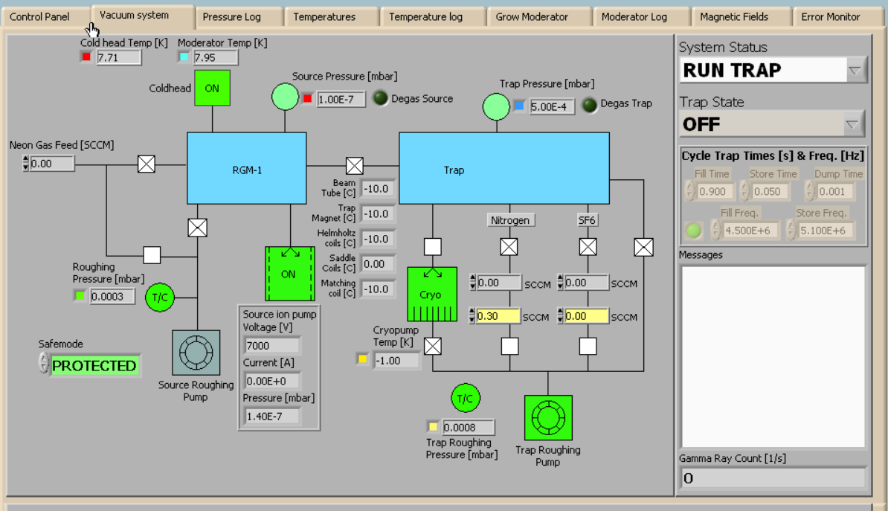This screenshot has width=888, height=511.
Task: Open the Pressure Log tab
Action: coord(232,16)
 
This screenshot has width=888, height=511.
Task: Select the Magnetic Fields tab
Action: coord(733,16)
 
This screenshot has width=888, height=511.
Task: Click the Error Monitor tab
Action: coord(830,16)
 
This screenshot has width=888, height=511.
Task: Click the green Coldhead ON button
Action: coord(212,89)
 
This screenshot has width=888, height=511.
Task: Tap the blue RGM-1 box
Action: coord(246,169)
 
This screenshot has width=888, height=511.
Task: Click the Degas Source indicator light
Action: coord(380,98)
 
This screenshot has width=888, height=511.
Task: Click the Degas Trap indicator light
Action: coord(590,105)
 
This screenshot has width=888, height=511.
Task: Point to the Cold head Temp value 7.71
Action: coord(118,57)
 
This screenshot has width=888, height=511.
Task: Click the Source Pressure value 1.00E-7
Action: coord(341,99)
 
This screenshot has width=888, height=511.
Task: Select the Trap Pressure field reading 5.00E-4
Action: coord(553,106)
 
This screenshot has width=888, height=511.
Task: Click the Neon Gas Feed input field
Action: coord(52,163)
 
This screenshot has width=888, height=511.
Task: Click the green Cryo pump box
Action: coord(431,294)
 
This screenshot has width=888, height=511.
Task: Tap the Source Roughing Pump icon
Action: coord(196,352)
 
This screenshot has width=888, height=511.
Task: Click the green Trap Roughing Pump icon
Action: coord(548,417)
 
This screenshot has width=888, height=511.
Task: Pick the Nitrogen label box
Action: coord(509,220)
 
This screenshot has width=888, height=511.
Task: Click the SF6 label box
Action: coord(588,220)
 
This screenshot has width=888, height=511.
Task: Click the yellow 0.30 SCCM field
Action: coord(498,316)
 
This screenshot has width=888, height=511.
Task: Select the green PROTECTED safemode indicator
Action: coord(94,365)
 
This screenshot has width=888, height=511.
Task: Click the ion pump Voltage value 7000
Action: coord(272,345)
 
